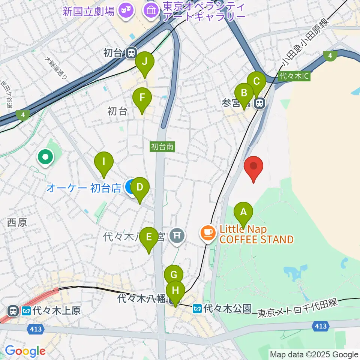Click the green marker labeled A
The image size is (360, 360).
(x=243, y=213)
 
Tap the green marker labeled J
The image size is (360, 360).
(x=144, y=61)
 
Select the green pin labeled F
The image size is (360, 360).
(x=142, y=97)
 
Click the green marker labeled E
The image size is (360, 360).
(x=149, y=237)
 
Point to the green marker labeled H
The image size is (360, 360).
(x=175, y=290)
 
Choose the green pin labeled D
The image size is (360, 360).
(x=139, y=187)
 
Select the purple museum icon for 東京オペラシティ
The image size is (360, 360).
(x=151, y=10)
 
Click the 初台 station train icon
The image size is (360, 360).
(x=131, y=53)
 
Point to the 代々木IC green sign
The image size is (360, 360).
(x=294, y=76)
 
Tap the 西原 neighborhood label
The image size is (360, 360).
(x=17, y=223)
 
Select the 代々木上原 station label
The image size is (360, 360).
(x=56, y=311)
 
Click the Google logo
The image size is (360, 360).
(x=25, y=351)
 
